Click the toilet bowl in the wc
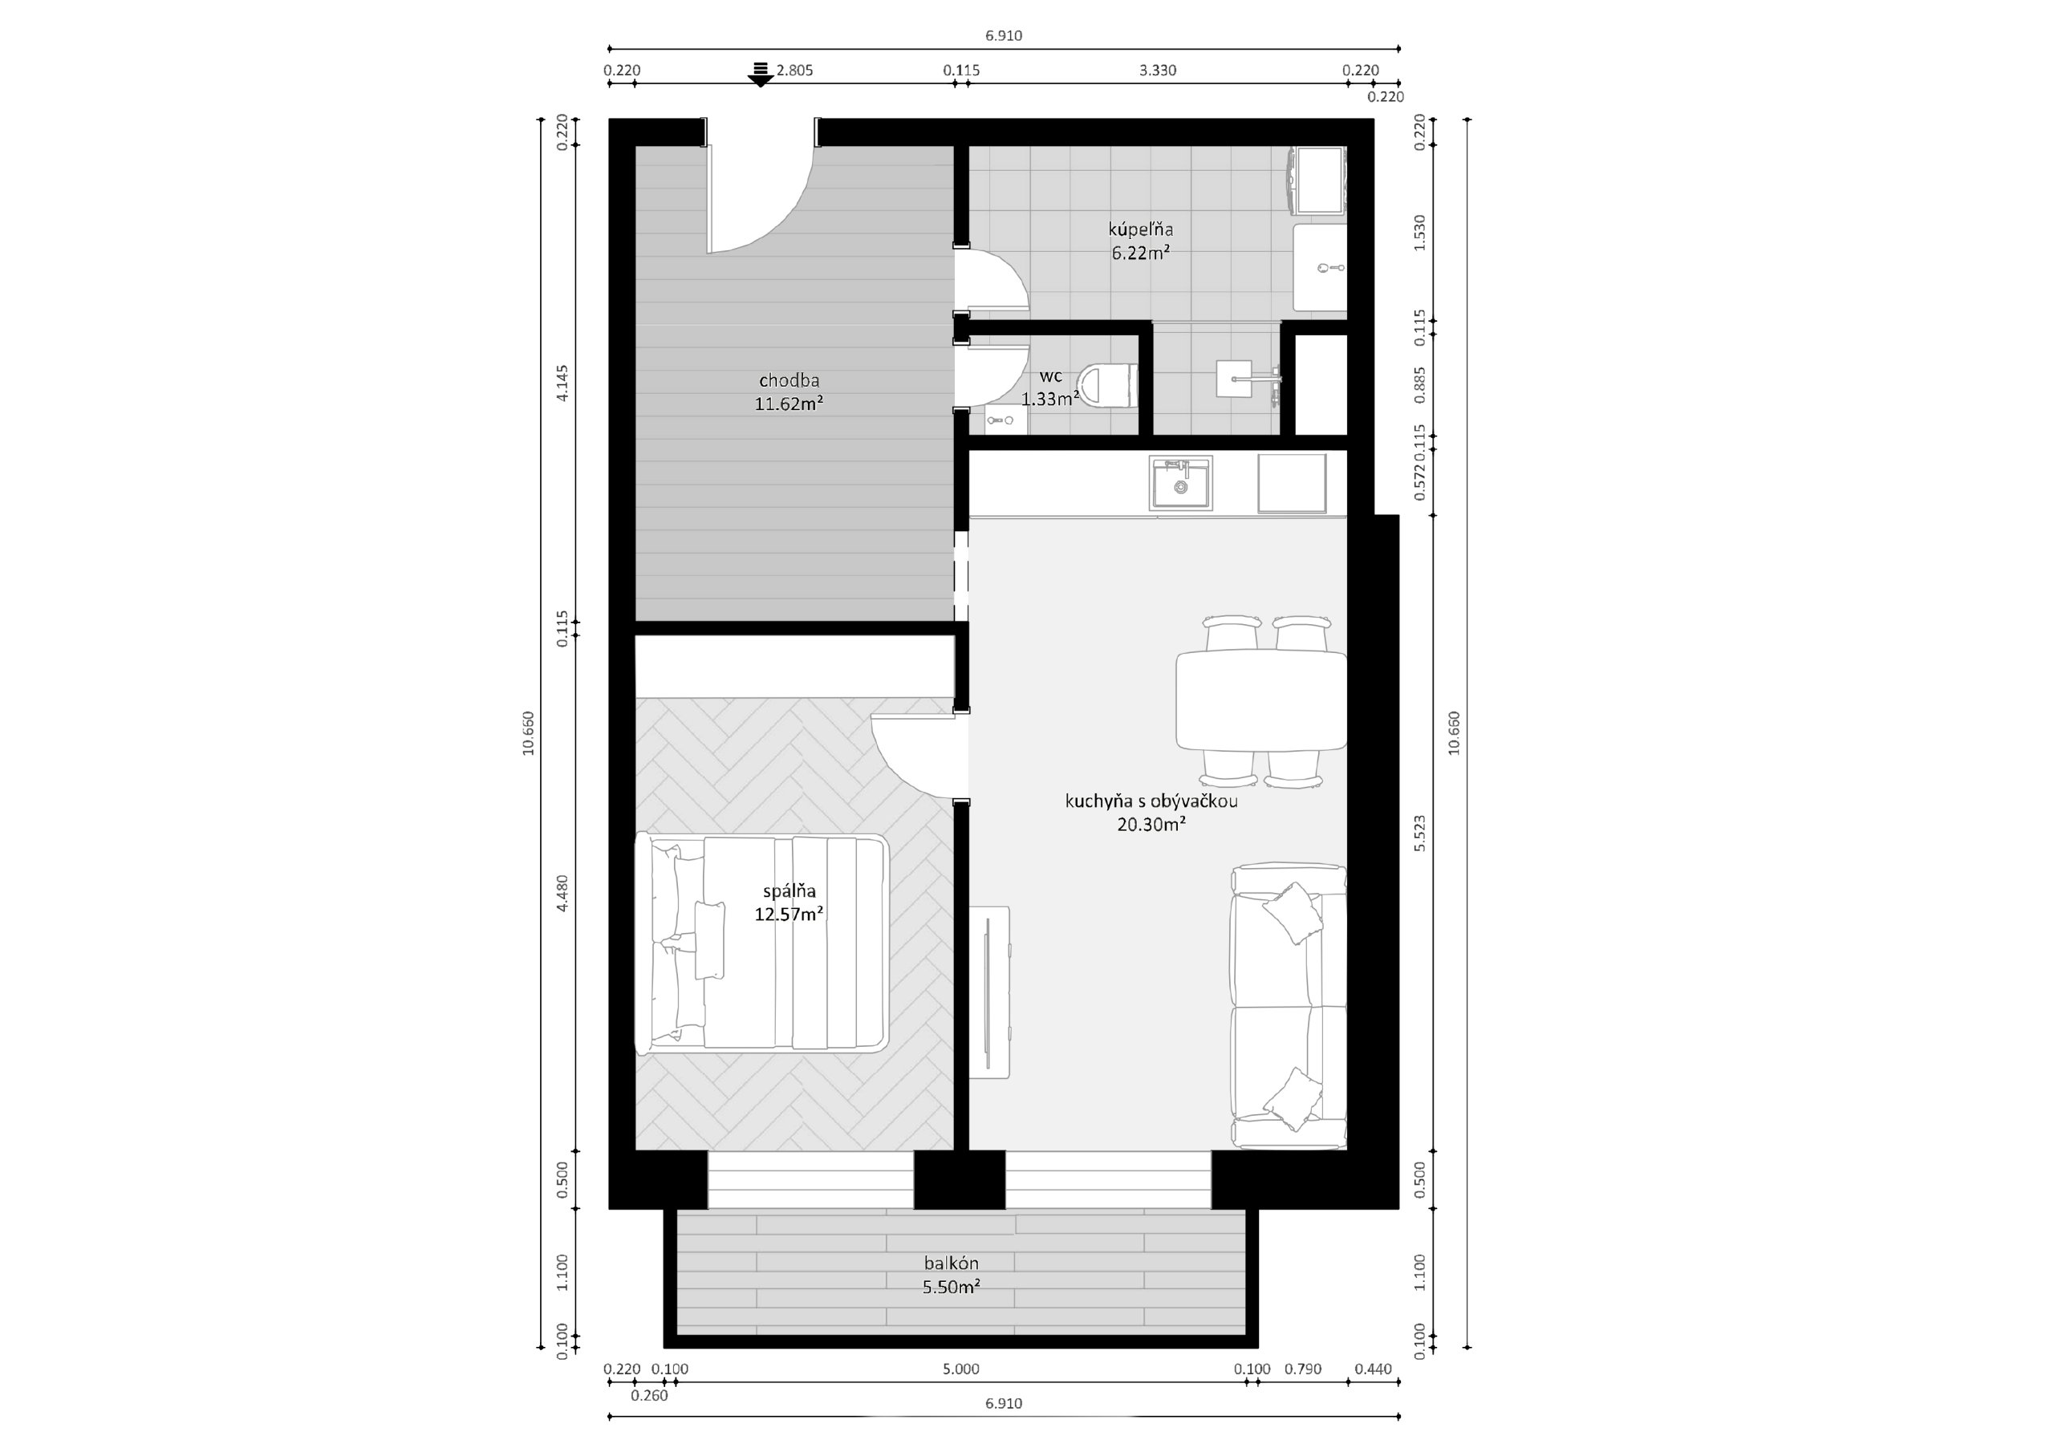[1108, 385]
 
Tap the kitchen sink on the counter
[1181, 483]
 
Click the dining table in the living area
[1261, 700]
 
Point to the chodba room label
[789, 381]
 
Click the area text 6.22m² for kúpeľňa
[1142, 253]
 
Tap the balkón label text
[952, 1263]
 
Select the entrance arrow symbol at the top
[761, 75]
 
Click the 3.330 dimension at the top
[1158, 71]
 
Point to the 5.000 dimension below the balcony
[960, 1369]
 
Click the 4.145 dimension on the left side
[562, 382]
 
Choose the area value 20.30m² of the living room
[1151, 825]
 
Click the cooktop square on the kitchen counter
[1292, 483]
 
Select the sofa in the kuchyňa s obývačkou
[1289, 1007]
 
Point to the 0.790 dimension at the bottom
[1302, 1369]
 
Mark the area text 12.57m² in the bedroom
[789, 915]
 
